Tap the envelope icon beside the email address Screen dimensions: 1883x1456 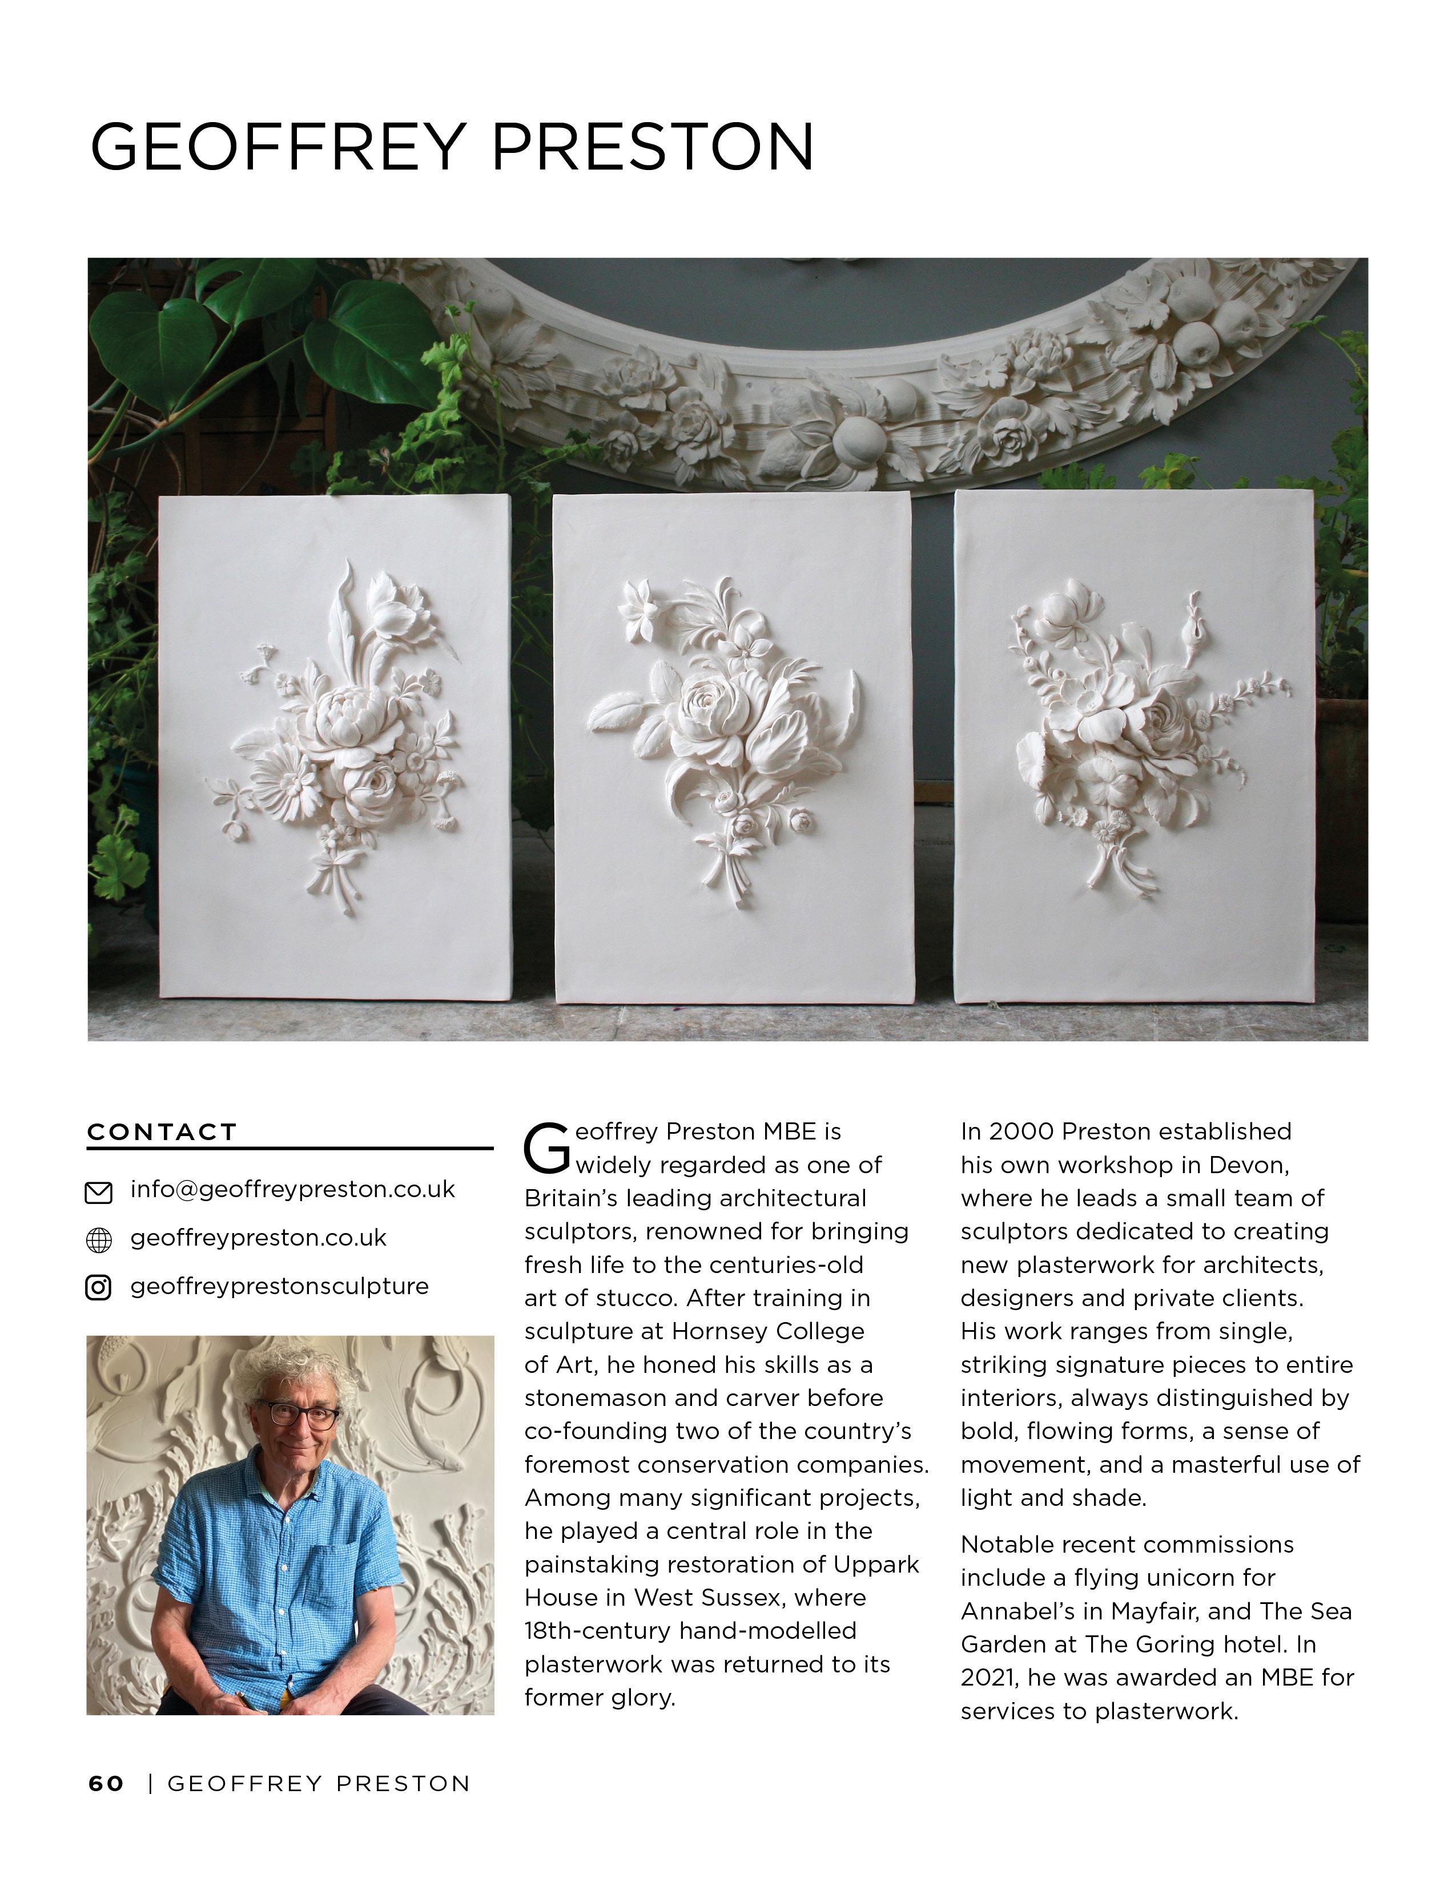pos(98,1193)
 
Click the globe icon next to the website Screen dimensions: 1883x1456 pos(98,1240)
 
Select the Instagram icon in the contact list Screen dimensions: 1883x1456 pos(98,1288)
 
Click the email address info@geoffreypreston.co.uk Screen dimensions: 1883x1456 pos(292,1190)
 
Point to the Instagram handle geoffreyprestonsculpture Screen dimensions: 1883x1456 pos(279,1286)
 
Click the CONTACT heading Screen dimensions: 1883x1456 pos(162,1132)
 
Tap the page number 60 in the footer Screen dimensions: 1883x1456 pos(106,1784)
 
